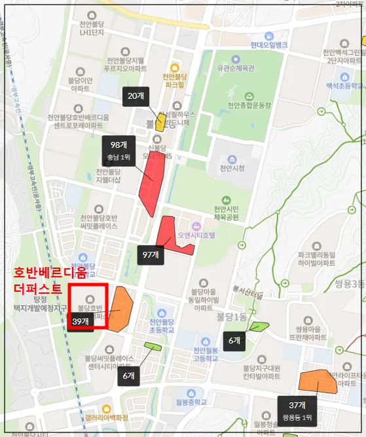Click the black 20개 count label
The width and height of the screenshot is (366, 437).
[136, 96]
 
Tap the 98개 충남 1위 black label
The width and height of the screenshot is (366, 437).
[119, 150]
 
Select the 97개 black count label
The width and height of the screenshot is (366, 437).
[151, 254]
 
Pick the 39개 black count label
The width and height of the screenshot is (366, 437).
[81, 321]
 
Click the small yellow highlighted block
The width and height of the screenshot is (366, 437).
[160, 123]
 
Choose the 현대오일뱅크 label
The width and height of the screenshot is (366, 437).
[268, 45]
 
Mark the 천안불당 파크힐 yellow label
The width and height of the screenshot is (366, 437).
[175, 80]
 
